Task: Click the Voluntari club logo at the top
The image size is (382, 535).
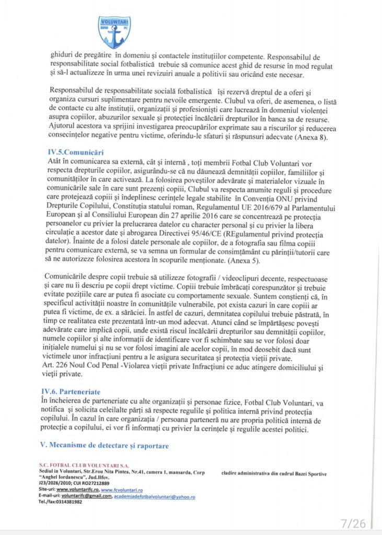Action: coord(114,31)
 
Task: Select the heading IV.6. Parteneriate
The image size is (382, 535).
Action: coord(78,391)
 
